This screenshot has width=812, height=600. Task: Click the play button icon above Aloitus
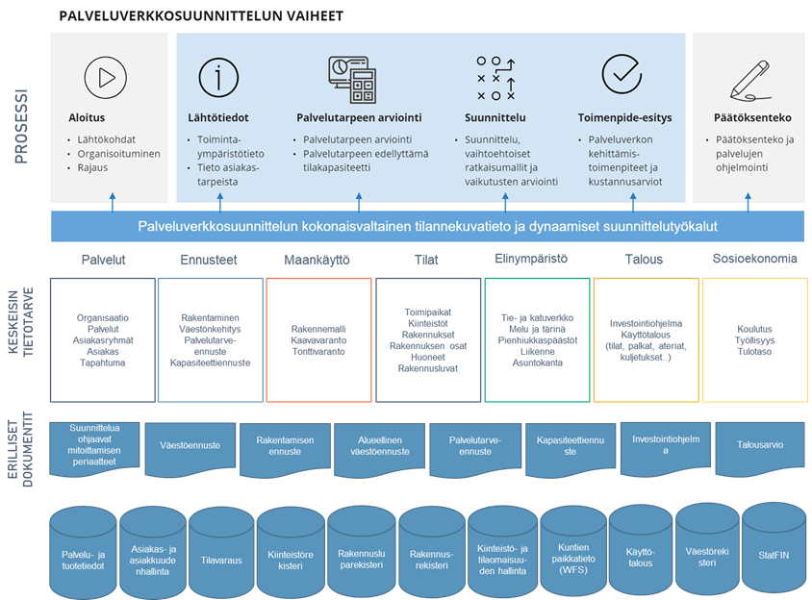(x=106, y=74)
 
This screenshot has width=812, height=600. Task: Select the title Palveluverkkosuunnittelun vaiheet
(x=201, y=17)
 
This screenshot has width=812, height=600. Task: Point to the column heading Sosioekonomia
(x=754, y=260)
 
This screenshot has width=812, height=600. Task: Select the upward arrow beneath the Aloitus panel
(x=112, y=200)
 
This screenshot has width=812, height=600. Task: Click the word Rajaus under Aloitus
(x=92, y=167)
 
